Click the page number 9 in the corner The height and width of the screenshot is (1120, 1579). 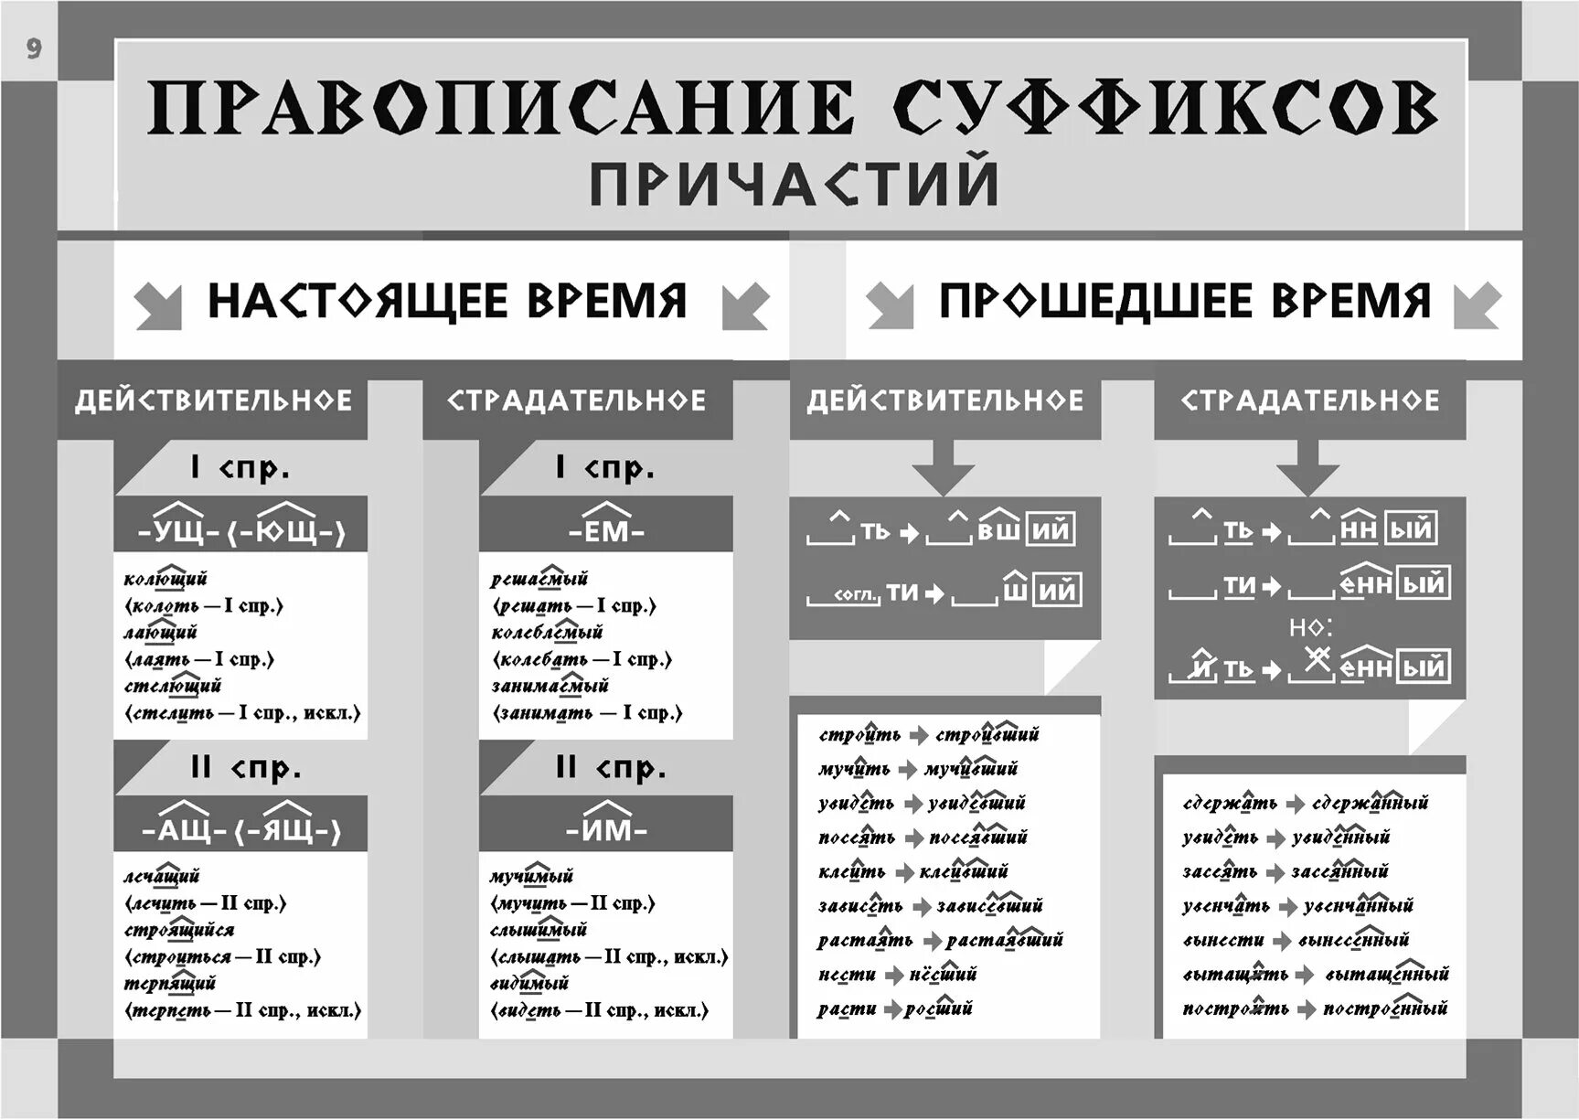pos(34,48)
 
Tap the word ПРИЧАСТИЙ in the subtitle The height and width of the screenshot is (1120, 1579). pos(793,184)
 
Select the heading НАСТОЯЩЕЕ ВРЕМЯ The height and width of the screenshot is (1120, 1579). pos(447,301)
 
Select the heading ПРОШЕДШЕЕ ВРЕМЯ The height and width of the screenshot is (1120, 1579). pos(1184,301)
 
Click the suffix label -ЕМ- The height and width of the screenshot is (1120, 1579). pos(606,529)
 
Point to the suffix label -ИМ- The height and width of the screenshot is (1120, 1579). pos(606,828)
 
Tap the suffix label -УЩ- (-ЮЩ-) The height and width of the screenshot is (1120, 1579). pos(241,529)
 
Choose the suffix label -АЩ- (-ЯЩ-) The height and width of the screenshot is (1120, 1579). pos(241,828)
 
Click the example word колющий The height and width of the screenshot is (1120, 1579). pos(165,579)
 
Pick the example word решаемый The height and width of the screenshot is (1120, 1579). pos(539,579)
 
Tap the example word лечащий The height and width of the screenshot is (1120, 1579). pos(162,877)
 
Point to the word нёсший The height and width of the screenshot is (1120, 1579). pos(943,975)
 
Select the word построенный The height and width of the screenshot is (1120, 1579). pos(1385,1008)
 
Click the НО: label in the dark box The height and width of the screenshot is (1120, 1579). pos(1310,627)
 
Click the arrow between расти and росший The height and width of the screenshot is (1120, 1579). pos(891,1009)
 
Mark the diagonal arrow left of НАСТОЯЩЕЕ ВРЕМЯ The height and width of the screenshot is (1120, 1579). pos(157,304)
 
